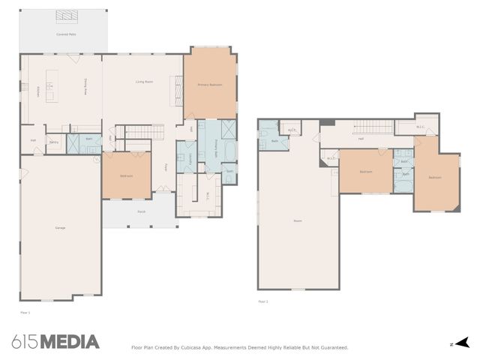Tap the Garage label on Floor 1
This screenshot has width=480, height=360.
click(60, 227)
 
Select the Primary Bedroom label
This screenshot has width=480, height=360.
click(210, 85)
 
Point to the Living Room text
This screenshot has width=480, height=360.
click(144, 81)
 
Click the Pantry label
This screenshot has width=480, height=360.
click(54, 142)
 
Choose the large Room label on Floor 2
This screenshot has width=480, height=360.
click(297, 220)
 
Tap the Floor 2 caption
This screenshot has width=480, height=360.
click(262, 301)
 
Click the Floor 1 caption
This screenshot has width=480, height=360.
click(24, 310)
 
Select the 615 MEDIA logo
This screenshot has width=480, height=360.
click(55, 342)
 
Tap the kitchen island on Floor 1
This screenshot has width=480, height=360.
click(51, 85)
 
